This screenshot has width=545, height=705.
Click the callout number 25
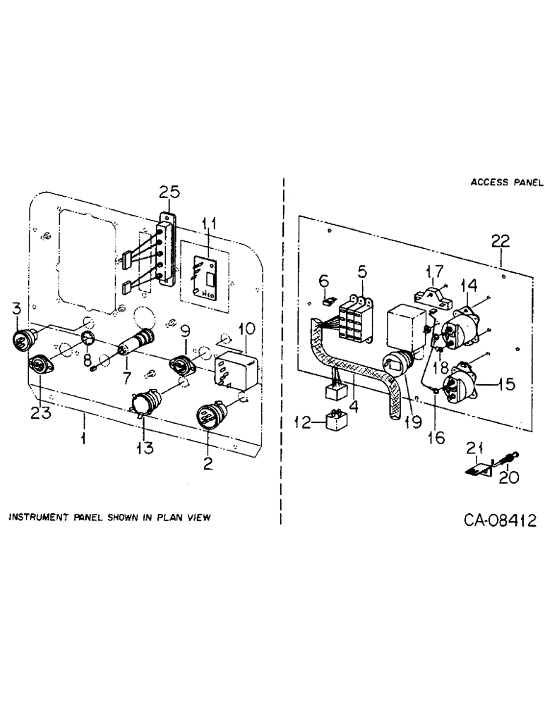[169, 191]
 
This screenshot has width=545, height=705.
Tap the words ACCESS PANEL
[507, 182]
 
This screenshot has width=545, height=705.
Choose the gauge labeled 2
[210, 413]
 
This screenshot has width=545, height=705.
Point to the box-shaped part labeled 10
[234, 367]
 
